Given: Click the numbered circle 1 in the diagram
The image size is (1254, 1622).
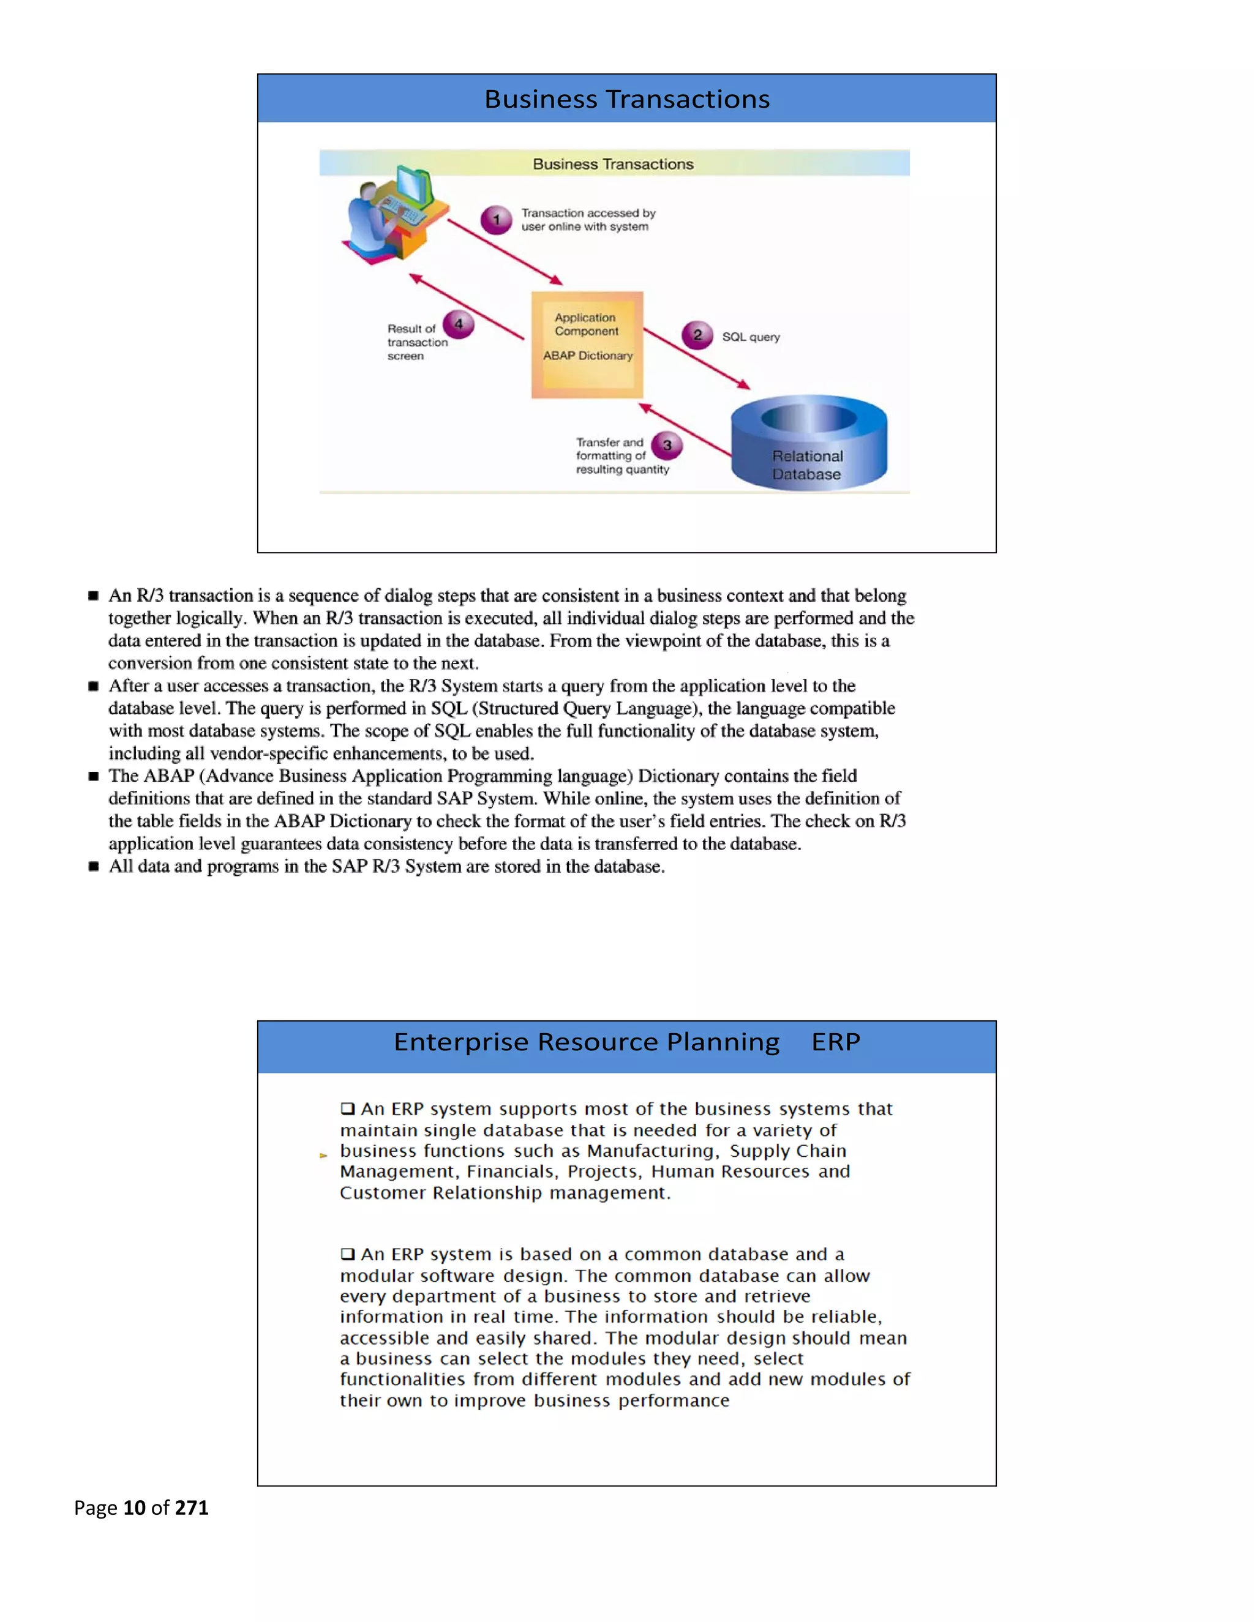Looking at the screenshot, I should pyautogui.click(x=496, y=220).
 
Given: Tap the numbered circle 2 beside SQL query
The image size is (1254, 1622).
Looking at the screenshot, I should pyautogui.click(x=697, y=335).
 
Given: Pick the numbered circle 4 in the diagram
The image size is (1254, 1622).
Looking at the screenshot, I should pyautogui.click(x=459, y=324).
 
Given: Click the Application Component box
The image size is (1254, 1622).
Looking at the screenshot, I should pyautogui.click(x=587, y=345).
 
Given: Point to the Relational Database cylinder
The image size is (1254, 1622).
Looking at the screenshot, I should pyautogui.click(x=808, y=443).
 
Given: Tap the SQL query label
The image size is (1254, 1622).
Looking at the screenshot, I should pyautogui.click(x=751, y=337).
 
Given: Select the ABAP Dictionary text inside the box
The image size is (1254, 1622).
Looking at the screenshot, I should pyautogui.click(x=588, y=356).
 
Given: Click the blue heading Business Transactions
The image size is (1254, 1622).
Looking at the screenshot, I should pyautogui.click(x=627, y=99).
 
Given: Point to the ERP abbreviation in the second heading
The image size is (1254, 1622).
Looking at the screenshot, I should pyautogui.click(x=836, y=1042).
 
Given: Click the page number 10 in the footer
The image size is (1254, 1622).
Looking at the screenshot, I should pyautogui.click(x=135, y=1507).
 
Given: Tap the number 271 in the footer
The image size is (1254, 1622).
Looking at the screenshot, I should pyautogui.click(x=192, y=1507).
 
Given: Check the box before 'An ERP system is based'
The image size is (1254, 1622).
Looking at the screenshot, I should pyautogui.click(x=348, y=1254).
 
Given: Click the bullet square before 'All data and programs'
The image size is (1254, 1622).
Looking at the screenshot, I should pyautogui.click(x=94, y=866).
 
